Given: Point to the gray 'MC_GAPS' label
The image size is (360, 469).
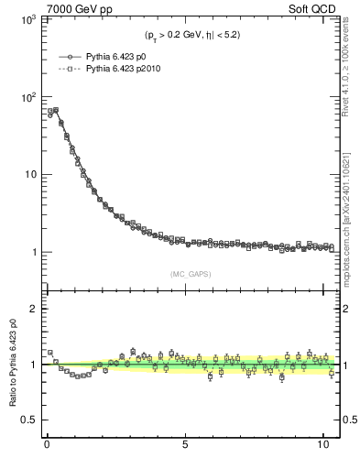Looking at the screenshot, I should pyautogui.click(x=187, y=273).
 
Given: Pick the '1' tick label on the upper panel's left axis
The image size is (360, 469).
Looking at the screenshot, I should pyautogui.click(x=32, y=252).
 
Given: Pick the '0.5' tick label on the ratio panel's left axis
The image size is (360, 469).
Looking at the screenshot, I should pyautogui.click(x=27, y=420).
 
